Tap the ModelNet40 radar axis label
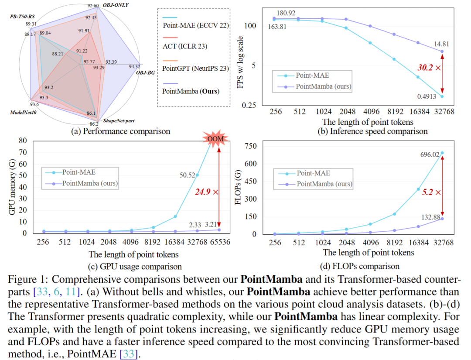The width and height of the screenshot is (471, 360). [x=21, y=113]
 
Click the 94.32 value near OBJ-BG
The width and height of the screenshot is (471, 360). [x=135, y=66]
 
